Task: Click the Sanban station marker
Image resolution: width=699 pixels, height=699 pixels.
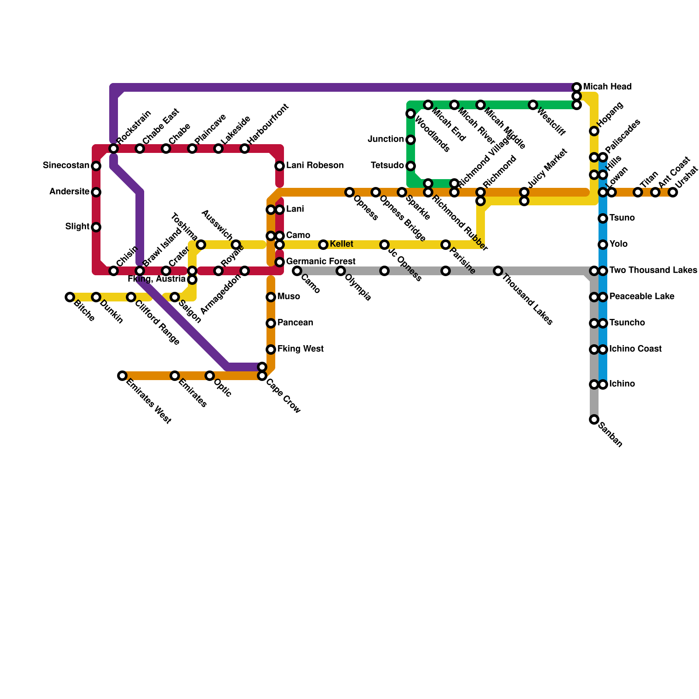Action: [x=594, y=419]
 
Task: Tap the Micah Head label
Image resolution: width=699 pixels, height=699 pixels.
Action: [x=607, y=87]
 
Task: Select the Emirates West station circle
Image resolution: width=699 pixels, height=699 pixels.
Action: [x=122, y=376]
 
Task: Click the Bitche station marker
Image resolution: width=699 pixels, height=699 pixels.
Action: [x=70, y=297]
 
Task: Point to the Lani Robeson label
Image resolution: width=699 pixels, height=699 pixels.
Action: [x=315, y=166]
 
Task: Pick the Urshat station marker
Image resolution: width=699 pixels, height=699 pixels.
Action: [x=673, y=192]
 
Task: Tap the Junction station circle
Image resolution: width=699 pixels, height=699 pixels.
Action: [x=411, y=140]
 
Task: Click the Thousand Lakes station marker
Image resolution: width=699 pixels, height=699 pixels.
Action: [x=498, y=271]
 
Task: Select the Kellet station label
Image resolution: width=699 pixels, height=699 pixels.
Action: [x=342, y=244]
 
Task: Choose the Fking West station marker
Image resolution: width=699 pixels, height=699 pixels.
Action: [x=271, y=349]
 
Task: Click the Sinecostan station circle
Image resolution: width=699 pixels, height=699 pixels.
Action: [x=96, y=166]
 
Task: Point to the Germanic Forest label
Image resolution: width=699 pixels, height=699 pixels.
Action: [x=321, y=262]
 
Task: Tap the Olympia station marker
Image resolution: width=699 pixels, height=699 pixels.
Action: [x=341, y=271]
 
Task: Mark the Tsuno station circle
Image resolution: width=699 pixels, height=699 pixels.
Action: [x=603, y=218]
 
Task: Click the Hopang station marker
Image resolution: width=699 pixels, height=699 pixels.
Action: [x=594, y=131]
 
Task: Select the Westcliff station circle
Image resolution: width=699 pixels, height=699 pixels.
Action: [x=533, y=105]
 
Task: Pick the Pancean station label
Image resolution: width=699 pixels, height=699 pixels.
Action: [x=295, y=323]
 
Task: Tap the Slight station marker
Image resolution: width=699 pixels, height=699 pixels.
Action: [x=96, y=227]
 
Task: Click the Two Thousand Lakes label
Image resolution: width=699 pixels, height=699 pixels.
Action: [x=653, y=270]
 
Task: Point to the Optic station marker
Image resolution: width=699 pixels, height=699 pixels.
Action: [x=210, y=376]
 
